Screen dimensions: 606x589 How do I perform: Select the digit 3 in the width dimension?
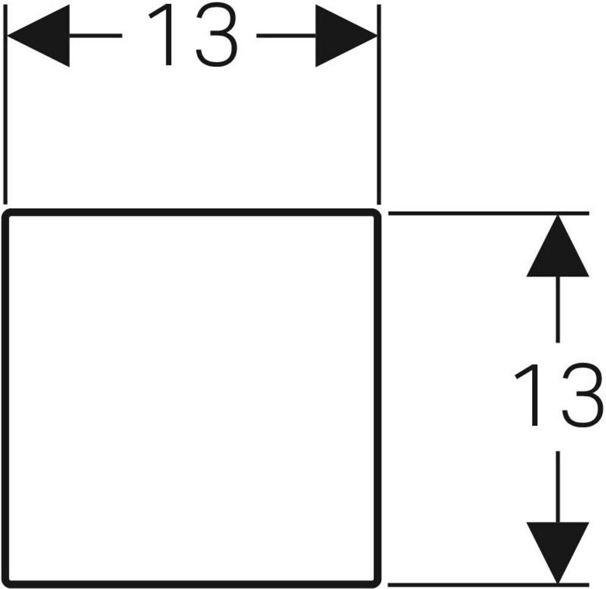click(x=217, y=36)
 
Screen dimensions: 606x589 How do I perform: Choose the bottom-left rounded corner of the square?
click(x=8, y=582)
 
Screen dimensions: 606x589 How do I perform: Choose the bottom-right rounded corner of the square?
click(x=375, y=582)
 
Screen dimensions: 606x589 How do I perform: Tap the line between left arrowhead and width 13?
click(x=95, y=36)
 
